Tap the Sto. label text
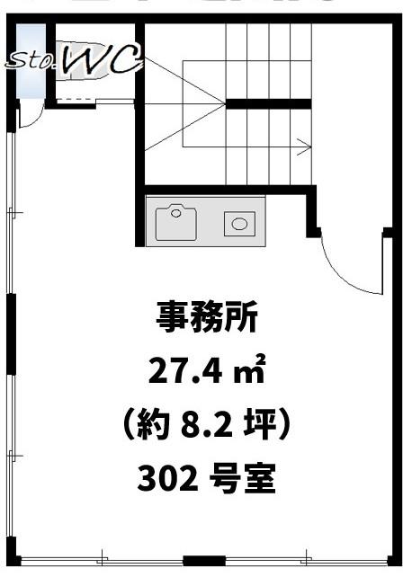pyautogui.click(x=32, y=61)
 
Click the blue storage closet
pyautogui.click(x=31, y=61)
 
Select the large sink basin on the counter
pyautogui.click(x=175, y=224)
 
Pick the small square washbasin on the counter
pyautogui.click(x=239, y=224)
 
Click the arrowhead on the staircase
pyautogui.click(x=305, y=146)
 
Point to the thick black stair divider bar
pyautogui.click(x=268, y=103)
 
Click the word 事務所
pyautogui.click(x=207, y=317)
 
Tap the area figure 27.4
pyautogui.click(x=185, y=371)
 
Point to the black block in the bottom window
pyautogui.click(x=204, y=561)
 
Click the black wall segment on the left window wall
pyautogui.click(x=12, y=334)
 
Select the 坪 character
pyautogui.click(x=259, y=427)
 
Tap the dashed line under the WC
pyautogui.click(x=76, y=100)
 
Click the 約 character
pyautogui.click(x=153, y=427)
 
